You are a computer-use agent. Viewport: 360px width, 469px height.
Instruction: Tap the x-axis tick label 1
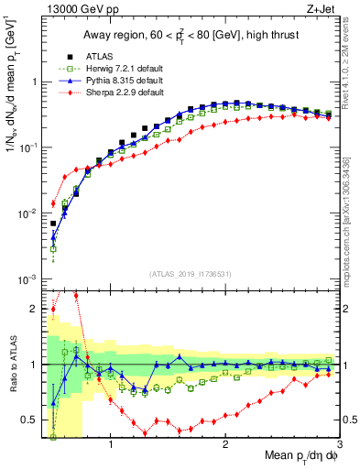111,446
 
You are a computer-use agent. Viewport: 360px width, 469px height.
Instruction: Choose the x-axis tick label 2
225,446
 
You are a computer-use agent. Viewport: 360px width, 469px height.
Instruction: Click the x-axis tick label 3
339,446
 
